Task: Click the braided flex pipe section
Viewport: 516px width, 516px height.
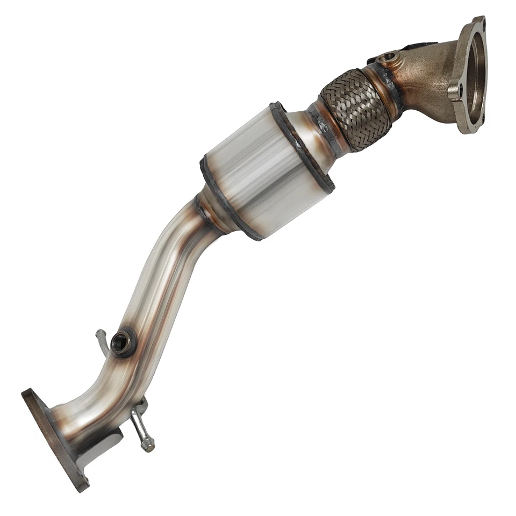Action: click(355, 110)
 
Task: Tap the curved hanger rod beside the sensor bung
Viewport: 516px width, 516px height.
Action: click(102, 341)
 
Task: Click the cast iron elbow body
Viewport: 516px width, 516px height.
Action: click(425, 81)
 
